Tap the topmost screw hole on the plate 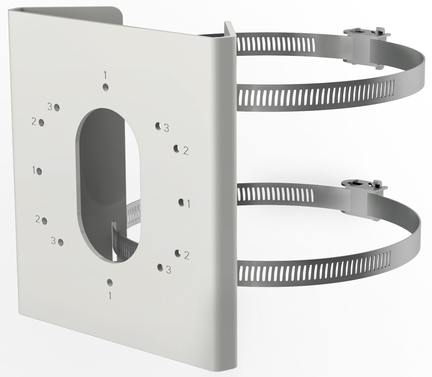point(105,87)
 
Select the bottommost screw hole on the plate point(110,283)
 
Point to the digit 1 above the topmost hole point(105,75)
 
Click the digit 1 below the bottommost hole point(110,296)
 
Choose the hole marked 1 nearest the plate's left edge point(39,171)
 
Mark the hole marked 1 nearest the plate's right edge point(181,202)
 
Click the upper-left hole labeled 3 point(57,107)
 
